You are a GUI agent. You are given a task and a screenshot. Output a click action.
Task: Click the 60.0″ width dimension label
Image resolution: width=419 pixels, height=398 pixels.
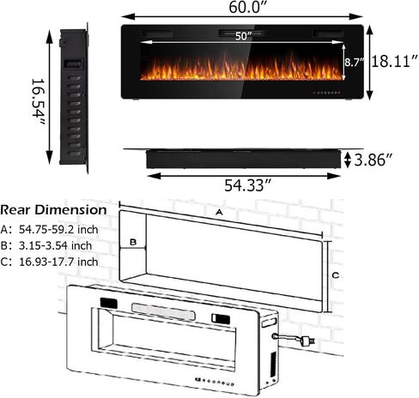click(248, 7)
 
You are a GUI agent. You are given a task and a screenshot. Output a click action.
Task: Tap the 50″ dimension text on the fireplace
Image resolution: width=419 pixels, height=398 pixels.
click(244, 36)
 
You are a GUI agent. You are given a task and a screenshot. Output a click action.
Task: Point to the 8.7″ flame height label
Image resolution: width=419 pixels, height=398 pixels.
click(355, 62)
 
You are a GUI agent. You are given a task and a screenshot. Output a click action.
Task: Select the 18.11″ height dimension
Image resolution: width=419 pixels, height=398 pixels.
click(395, 61)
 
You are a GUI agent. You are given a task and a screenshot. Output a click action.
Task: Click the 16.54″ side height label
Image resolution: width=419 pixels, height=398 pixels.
click(39, 101)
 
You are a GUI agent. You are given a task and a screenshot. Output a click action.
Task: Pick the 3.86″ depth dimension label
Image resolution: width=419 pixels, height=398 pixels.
click(373, 160)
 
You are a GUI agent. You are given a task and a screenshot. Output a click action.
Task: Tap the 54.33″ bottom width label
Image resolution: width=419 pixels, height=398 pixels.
click(247, 185)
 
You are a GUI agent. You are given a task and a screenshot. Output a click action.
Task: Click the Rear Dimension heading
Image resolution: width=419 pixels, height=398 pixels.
click(53, 210)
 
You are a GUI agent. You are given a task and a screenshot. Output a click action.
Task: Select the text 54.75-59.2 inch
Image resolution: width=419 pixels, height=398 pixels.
click(58, 229)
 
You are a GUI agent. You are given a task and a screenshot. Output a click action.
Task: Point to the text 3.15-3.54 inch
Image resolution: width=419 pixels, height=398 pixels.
click(55, 245)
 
